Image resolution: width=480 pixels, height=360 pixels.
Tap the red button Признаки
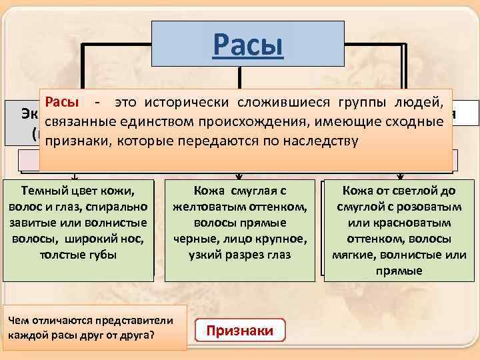click(x=240, y=331)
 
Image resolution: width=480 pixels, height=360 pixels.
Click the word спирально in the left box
click(x=114, y=208)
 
